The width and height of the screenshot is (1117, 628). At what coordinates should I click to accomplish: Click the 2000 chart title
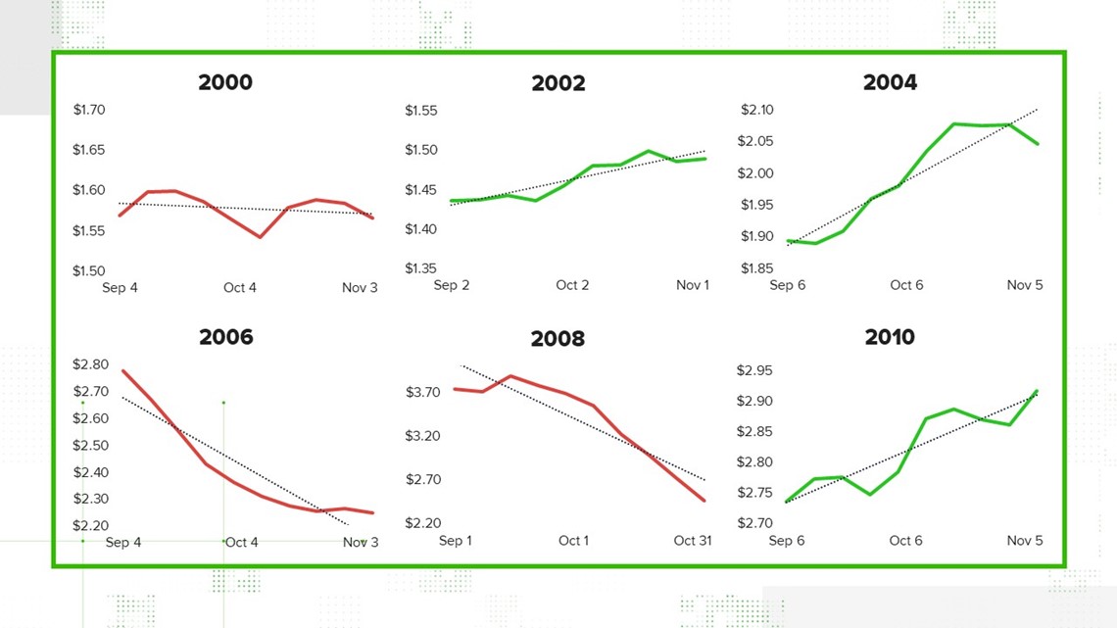[x=225, y=82]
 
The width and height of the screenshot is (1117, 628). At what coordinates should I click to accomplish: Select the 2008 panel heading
[x=558, y=339]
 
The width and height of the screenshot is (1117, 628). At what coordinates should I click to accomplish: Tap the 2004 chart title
[x=891, y=82]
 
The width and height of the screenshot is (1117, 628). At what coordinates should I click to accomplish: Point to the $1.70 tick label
[x=89, y=110]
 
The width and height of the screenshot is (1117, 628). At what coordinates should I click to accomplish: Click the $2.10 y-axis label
[x=756, y=110]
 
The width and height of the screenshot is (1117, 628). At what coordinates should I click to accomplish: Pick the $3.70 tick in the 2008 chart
[x=423, y=392]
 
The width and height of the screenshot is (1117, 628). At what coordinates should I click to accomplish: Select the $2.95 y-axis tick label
[x=754, y=370]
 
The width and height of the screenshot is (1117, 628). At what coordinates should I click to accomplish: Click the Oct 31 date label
[x=693, y=541]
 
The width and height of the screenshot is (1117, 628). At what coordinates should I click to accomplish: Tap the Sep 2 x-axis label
[x=452, y=285]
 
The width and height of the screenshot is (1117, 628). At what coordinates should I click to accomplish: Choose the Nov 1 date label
[x=693, y=285]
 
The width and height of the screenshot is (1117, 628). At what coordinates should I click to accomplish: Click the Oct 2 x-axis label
[x=572, y=285]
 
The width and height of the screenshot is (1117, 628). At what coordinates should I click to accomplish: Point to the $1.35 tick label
[x=421, y=268]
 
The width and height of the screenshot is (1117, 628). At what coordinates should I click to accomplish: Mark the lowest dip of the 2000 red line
[x=260, y=237]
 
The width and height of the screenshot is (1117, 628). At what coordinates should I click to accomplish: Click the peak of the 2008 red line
[x=510, y=376]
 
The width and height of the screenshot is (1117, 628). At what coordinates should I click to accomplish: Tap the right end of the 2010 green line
[x=1037, y=391]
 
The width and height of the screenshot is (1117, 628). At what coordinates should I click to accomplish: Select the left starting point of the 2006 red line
[x=123, y=371]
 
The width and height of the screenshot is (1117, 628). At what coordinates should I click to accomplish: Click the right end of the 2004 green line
[x=1038, y=144]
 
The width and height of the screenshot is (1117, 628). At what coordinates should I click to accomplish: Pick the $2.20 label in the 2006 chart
[x=90, y=525]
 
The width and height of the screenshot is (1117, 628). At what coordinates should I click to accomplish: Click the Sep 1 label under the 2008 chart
[x=456, y=541]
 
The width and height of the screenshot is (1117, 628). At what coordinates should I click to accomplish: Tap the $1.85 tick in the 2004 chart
[x=756, y=268]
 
